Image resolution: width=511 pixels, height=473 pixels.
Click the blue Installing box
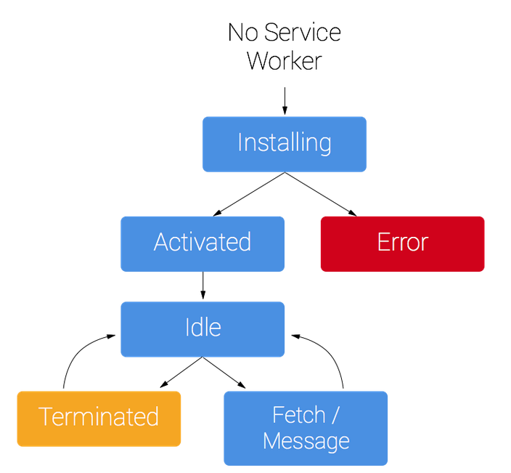click(285, 144)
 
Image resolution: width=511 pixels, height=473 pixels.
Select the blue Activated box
click(203, 243)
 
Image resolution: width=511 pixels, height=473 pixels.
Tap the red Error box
click(402, 243)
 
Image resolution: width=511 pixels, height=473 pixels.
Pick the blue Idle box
click(203, 329)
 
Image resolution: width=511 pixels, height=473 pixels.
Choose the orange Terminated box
click(99, 419)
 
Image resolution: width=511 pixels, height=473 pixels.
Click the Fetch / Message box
click(306, 428)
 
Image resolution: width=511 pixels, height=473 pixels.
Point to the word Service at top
click(303, 32)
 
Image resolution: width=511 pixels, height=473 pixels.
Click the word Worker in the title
click(285, 61)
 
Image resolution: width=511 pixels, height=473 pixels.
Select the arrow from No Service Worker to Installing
click(285, 101)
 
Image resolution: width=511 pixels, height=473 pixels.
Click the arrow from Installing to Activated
click(249, 194)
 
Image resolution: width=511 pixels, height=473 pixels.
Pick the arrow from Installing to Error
click(321, 194)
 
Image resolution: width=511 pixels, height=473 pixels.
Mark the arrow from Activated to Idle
click(203, 285)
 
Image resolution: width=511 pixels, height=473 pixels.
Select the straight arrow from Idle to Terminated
click(181, 372)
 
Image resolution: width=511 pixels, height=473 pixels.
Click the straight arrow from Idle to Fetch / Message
click(224, 373)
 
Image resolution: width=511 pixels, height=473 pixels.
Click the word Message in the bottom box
click(306, 441)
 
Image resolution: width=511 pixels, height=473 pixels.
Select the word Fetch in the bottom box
click(299, 415)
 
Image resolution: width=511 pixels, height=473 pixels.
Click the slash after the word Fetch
click(335, 415)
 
